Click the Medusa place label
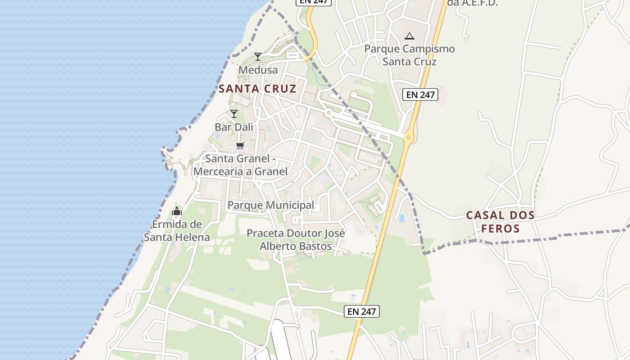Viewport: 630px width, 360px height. click(x=258, y=70)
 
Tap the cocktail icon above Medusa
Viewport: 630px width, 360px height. click(x=258, y=56)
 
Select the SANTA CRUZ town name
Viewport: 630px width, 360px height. click(x=257, y=89)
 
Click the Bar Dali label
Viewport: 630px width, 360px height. click(x=234, y=127)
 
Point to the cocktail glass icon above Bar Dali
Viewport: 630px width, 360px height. click(x=234, y=113)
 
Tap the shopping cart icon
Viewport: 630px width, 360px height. click(x=240, y=145)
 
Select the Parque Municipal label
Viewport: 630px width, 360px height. click(x=271, y=205)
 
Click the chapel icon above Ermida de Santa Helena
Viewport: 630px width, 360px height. click(x=177, y=211)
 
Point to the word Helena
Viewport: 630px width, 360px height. click(x=193, y=237)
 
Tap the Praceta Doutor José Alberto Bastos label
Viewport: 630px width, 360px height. click(x=296, y=240)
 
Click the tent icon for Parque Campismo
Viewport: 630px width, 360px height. click(x=409, y=36)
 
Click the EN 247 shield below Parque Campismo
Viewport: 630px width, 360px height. click(x=420, y=94)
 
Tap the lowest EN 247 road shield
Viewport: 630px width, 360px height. click(x=362, y=311)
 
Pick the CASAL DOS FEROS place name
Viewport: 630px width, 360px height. click(x=500, y=221)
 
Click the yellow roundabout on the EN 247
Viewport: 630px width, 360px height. click(x=409, y=138)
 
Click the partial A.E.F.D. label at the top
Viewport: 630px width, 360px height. click(x=472, y=3)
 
